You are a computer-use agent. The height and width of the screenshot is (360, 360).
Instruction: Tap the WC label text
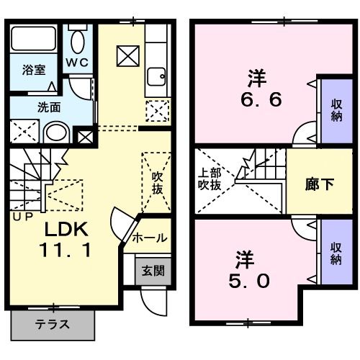[x=78, y=62]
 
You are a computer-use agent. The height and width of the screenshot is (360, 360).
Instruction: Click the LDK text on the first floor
[x=67, y=230]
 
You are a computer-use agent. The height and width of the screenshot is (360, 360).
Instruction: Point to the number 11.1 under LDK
[x=67, y=253]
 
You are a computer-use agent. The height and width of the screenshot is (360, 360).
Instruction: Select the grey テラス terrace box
[x=53, y=324]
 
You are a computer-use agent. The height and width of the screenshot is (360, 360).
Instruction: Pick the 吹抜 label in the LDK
[x=158, y=184]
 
